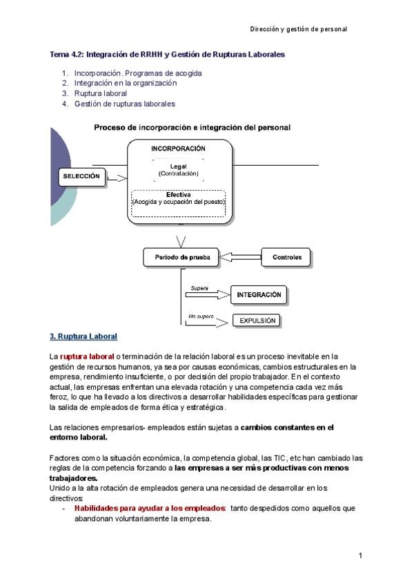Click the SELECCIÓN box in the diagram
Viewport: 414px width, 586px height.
[x=82, y=177]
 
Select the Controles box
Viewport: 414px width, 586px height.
[x=287, y=258]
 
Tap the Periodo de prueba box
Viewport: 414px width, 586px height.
[x=181, y=258]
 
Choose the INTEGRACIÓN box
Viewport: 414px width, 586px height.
[x=259, y=295]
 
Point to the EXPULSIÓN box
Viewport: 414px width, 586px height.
[x=258, y=321]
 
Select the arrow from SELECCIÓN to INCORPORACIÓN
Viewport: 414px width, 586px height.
[x=117, y=178]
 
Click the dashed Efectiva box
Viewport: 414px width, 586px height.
[x=178, y=202]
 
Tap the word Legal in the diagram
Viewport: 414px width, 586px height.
[x=178, y=166]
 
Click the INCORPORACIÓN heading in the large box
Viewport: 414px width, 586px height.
[x=178, y=149]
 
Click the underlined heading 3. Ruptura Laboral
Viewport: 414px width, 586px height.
[x=83, y=337]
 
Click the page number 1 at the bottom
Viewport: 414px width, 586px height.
[x=360, y=556]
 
